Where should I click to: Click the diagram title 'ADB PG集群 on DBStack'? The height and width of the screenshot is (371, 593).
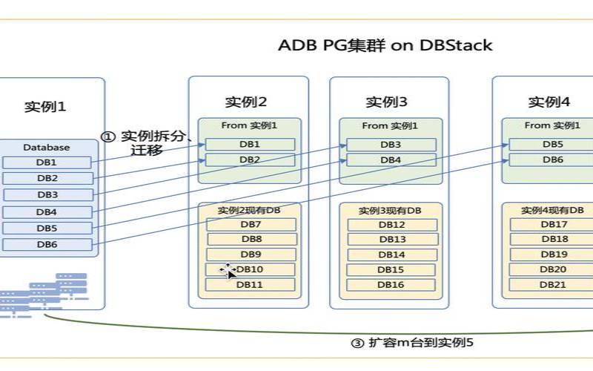tap(385, 45)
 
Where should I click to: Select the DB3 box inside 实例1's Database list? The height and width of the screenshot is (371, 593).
tap(47, 194)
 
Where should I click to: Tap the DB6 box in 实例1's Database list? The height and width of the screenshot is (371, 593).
tap(47, 245)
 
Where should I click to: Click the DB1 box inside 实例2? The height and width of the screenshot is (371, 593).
tap(250, 144)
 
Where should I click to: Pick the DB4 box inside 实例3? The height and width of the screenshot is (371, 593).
tap(391, 160)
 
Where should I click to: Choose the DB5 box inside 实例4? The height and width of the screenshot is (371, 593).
tap(553, 144)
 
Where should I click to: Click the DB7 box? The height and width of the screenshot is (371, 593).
tap(251, 224)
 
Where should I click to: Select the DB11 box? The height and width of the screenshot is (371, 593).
tap(251, 284)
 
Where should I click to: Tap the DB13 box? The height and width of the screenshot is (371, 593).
tap(391, 240)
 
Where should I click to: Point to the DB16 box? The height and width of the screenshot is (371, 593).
tap(391, 285)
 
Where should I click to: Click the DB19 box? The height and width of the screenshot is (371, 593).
tap(553, 255)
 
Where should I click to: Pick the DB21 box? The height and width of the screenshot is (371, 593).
tap(553, 285)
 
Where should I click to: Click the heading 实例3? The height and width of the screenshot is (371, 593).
tap(386, 102)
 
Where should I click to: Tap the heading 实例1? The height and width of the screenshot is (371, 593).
tap(45, 106)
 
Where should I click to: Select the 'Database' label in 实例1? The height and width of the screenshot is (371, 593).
tap(46, 148)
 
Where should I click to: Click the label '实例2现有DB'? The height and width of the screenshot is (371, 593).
tap(250, 211)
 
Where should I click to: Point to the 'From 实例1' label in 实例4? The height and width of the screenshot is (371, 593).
tap(552, 125)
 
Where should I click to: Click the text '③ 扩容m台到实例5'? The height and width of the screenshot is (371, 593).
tap(411, 343)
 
